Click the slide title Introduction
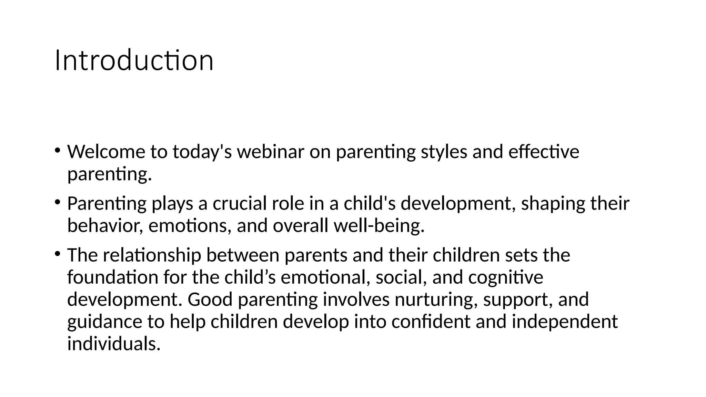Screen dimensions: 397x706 [134, 61]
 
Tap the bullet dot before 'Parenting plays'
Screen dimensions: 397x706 [57, 202]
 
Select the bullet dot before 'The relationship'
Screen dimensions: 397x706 [57, 253]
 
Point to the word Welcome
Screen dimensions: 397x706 [106, 152]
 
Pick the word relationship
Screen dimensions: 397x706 [152, 255]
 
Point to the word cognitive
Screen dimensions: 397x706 [505, 277]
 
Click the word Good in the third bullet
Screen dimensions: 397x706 [210, 299]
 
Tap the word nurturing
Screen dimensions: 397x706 [436, 299]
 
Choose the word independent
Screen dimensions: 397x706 [565, 322]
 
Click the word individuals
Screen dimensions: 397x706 [114, 344]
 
